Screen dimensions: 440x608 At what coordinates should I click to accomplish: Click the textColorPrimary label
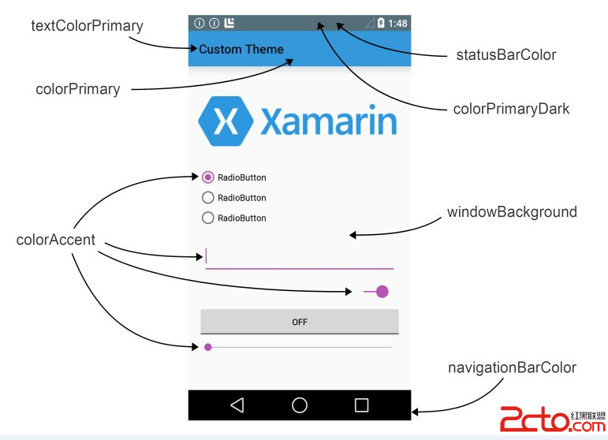87,26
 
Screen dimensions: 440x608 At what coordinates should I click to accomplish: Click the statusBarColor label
505,55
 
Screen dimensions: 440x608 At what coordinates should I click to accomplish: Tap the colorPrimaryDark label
511,109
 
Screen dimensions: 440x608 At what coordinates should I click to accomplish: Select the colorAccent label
55,240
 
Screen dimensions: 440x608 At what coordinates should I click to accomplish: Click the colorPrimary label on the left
77,89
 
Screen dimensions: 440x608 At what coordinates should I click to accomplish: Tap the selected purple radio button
208,177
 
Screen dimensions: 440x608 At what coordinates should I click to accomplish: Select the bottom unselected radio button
208,218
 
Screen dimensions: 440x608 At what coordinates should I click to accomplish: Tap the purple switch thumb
382,292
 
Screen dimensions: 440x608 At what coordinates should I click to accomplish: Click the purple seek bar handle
208,347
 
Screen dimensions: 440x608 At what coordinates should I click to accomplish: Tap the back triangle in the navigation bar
237,405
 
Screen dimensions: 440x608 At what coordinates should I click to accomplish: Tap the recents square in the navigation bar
362,405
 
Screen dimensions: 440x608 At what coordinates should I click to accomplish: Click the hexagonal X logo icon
226,121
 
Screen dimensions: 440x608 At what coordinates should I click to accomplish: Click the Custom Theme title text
241,50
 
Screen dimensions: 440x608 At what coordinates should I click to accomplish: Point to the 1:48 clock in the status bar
398,24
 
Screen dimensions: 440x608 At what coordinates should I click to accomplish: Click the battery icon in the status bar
382,24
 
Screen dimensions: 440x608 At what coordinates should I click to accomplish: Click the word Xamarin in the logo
328,122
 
